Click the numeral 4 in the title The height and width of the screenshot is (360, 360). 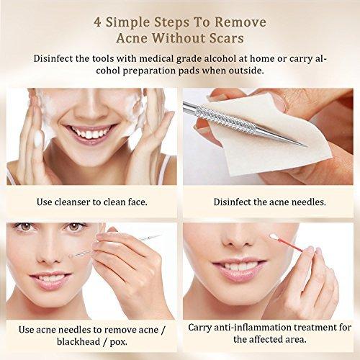[97, 22]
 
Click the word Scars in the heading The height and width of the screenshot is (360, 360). [227, 38]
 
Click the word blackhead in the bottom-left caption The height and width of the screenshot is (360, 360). [78, 341]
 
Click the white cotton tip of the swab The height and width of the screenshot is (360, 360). [274, 237]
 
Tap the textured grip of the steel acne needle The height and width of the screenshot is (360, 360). [225, 120]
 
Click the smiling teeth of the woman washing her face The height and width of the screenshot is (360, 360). [91, 132]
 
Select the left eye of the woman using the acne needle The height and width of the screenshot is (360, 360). [24, 226]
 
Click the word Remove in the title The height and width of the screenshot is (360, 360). [240, 22]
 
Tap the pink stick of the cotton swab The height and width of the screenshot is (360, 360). [291, 245]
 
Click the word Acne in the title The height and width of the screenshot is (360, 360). [132, 38]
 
